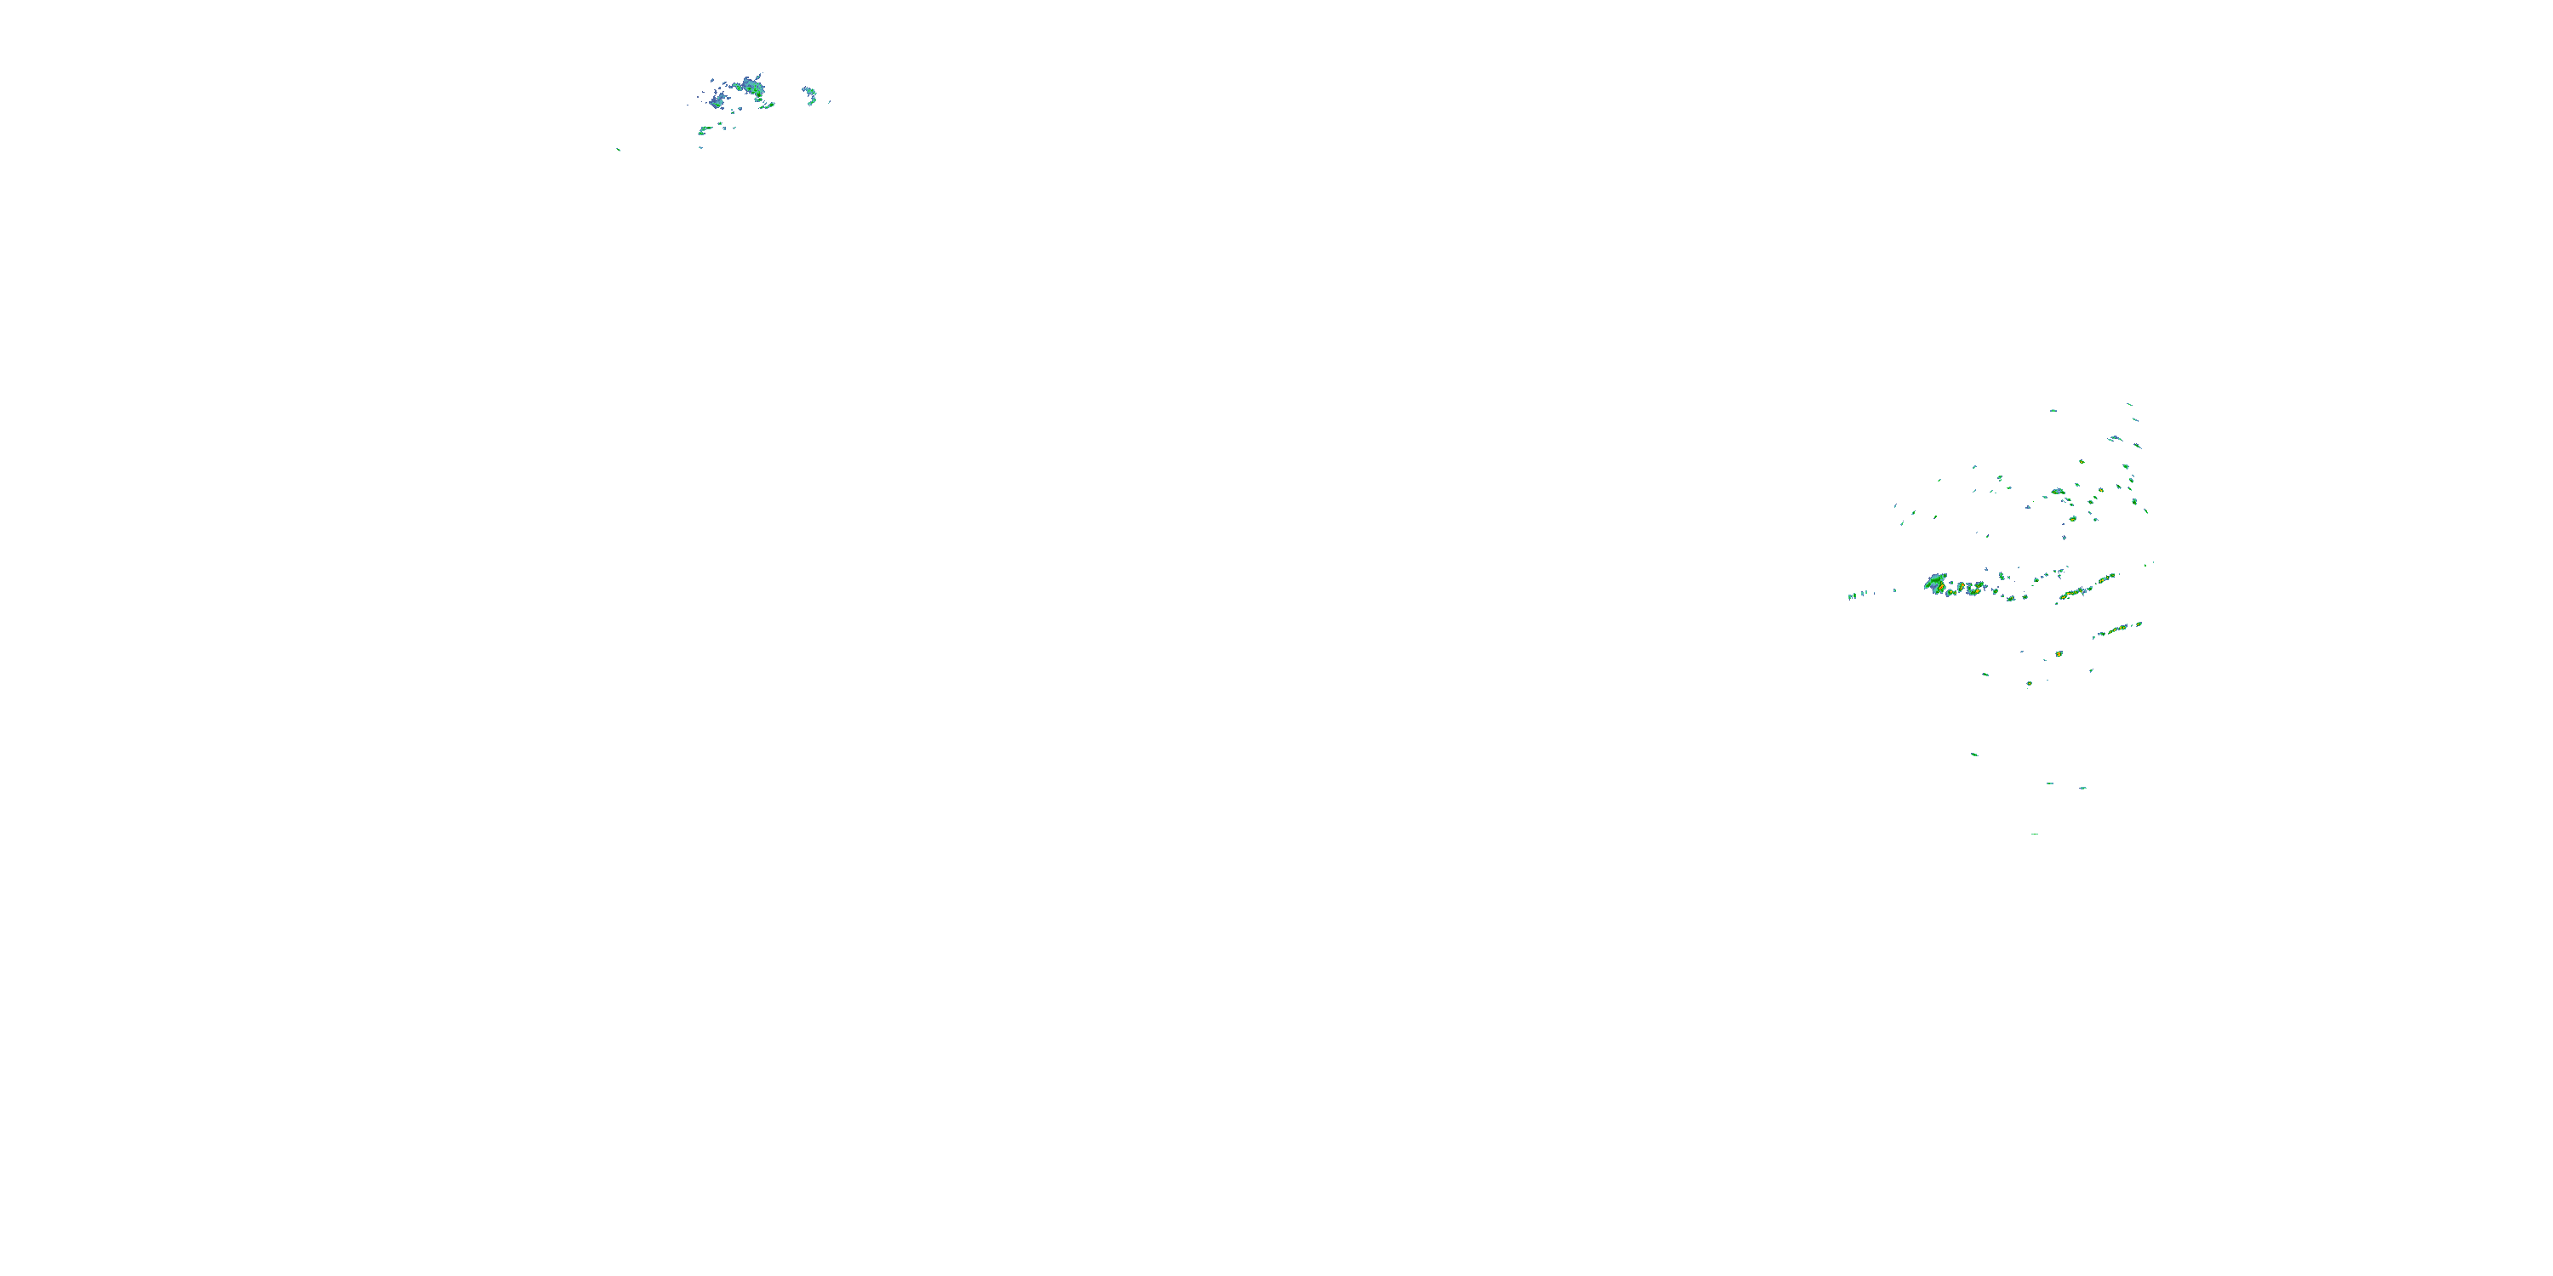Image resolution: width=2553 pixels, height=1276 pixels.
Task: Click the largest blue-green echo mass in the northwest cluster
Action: (751, 87)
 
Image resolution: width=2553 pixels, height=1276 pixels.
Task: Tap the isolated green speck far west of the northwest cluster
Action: (619, 150)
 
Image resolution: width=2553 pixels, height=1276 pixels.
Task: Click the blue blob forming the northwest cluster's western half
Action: (717, 100)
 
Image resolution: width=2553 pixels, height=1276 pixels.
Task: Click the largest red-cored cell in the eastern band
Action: (1935, 583)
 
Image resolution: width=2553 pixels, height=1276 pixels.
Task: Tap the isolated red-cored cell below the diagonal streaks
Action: (2059, 654)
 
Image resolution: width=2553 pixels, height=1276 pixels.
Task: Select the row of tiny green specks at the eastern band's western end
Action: (1855, 595)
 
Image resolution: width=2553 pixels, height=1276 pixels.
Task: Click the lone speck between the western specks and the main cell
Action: (1895, 591)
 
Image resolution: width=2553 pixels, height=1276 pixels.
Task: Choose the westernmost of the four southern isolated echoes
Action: (1974, 755)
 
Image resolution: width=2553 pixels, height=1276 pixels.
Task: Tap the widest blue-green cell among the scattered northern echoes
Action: (2058, 492)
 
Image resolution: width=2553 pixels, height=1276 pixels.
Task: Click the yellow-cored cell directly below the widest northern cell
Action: (2071, 518)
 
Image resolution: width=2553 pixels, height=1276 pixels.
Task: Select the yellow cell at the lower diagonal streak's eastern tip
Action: (2138, 624)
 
